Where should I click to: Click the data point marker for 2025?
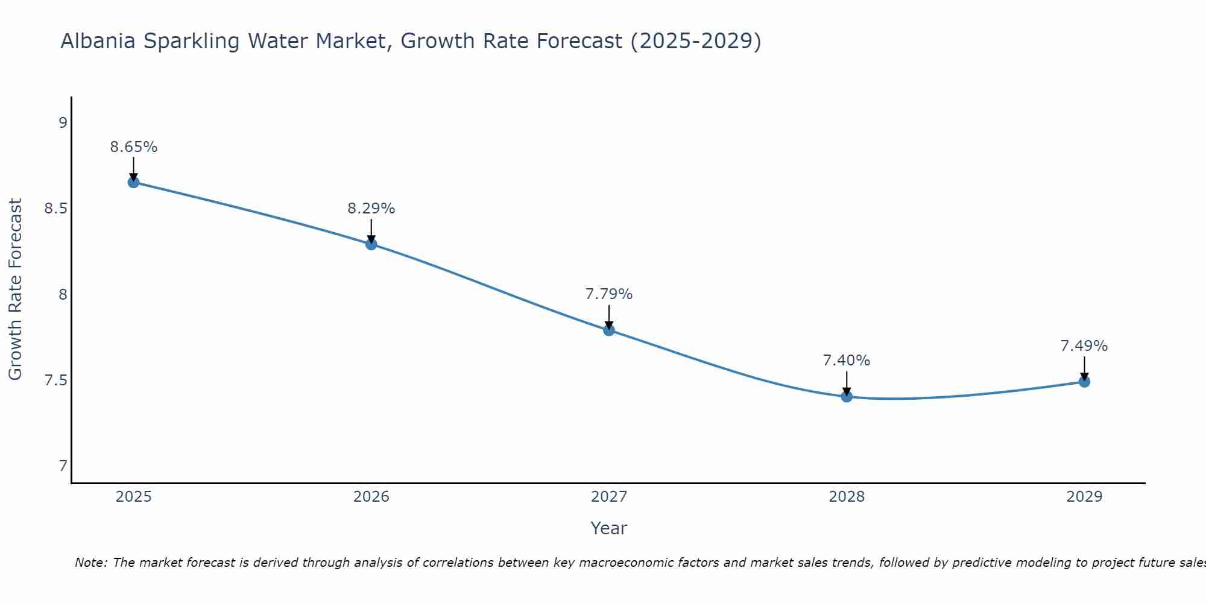pos(133,182)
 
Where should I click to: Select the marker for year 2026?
pos(371,244)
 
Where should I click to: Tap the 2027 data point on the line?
pos(609,330)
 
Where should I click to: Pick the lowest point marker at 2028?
pos(847,397)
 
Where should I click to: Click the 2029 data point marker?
pos(1084,382)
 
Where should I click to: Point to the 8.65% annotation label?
pos(133,147)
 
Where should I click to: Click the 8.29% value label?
pos(371,209)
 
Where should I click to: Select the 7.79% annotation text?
pos(609,294)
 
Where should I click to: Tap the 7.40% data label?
pos(847,361)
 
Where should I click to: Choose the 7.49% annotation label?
pos(1084,346)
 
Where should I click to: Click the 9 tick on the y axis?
pos(63,123)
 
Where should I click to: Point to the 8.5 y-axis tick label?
pos(56,209)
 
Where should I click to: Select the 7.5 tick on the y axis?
pos(56,380)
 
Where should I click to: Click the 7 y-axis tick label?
pos(63,466)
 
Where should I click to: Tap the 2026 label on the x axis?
pos(371,497)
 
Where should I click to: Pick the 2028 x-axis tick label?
pos(847,497)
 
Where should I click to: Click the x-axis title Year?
pos(609,528)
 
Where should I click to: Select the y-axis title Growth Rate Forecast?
pos(15,289)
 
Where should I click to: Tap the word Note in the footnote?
pos(90,563)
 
